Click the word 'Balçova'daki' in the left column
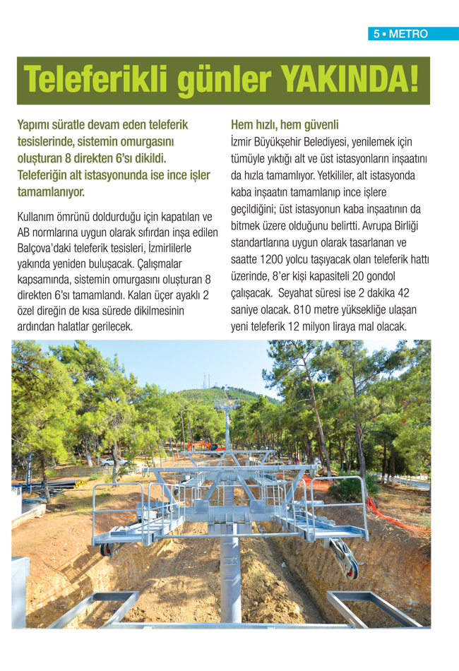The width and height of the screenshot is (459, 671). tap(47, 249)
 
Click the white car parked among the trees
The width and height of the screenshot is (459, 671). tap(112, 461)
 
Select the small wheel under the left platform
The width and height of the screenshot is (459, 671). tap(106, 549)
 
